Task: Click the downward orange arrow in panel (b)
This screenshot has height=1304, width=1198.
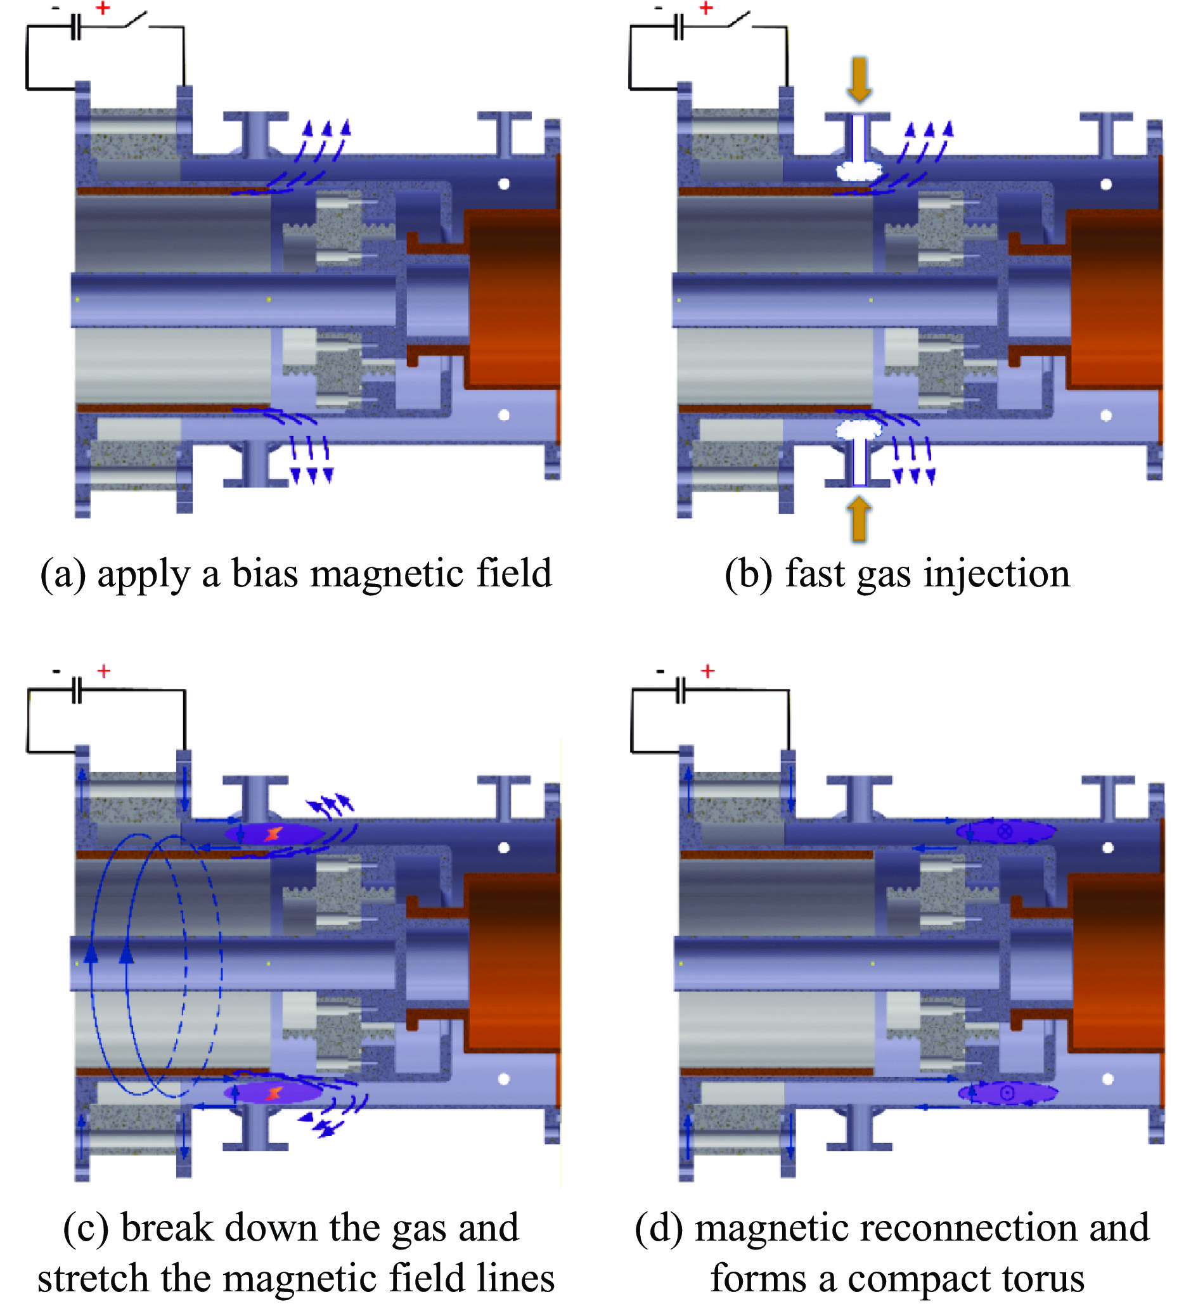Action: point(859,79)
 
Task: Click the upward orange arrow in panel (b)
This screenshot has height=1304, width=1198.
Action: point(859,518)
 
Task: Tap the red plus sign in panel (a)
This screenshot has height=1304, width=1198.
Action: point(103,8)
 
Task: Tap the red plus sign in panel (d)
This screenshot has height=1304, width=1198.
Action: point(707,671)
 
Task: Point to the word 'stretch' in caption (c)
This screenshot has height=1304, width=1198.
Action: point(92,1277)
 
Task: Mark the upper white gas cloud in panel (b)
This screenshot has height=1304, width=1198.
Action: point(859,171)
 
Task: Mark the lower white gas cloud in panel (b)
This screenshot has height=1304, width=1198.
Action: point(859,429)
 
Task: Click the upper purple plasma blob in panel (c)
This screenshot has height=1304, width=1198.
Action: point(274,833)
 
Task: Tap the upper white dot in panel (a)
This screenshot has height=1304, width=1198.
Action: point(504,183)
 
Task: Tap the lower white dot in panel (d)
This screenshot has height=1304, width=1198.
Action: point(1107,1079)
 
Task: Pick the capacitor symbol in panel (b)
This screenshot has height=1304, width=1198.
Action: point(678,27)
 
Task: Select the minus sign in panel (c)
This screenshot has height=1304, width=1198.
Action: point(57,671)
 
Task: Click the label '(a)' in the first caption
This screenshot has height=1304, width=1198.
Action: point(62,574)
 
